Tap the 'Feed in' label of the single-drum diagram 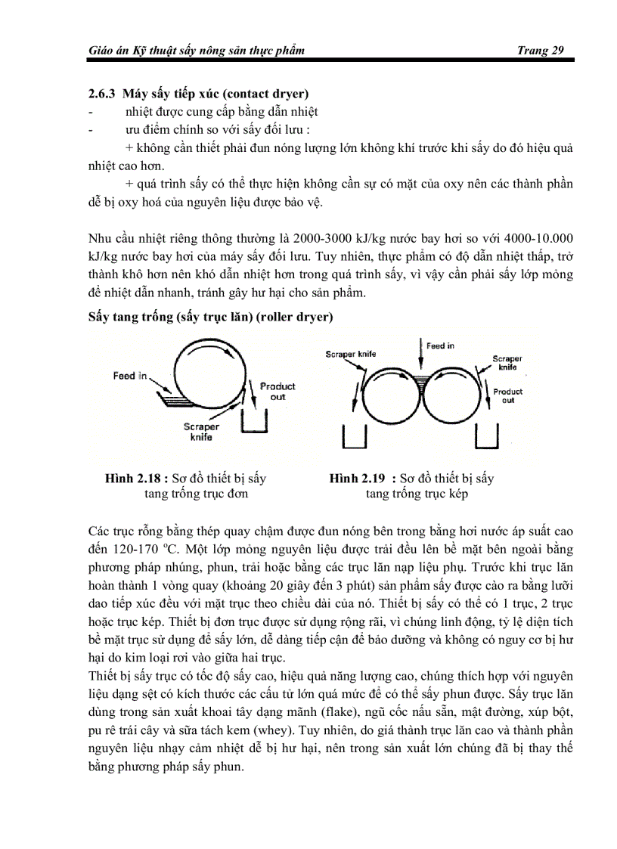click(130, 376)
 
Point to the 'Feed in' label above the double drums click(440, 345)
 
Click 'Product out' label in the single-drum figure click(277, 391)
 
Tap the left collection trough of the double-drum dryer click(355, 437)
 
